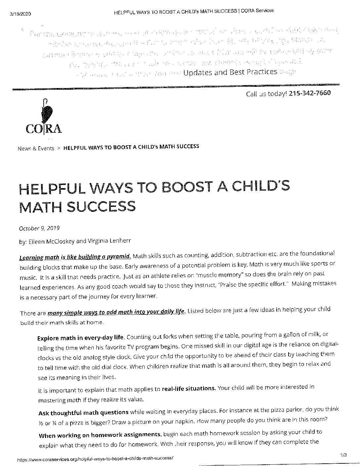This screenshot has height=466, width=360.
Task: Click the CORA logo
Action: pyautogui.click(x=44, y=117)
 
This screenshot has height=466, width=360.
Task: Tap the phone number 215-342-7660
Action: pyautogui.click(x=309, y=93)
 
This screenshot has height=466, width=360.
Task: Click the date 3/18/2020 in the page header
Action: pyautogui.click(x=20, y=14)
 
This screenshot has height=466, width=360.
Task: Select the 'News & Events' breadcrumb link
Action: pyautogui.click(x=36, y=148)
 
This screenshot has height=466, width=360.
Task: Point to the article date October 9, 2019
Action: pyautogui.click(x=39, y=228)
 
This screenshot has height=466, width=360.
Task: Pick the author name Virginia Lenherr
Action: pyautogui.click(x=106, y=241)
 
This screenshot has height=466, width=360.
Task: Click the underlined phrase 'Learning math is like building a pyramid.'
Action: pyautogui.click(x=75, y=257)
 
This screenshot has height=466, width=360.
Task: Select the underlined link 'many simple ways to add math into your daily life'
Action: pyautogui.click(x=116, y=312)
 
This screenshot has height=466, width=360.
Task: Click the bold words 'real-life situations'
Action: pyautogui.click(x=189, y=388)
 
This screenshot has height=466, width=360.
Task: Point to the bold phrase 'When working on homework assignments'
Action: pyautogui.click(x=100, y=435)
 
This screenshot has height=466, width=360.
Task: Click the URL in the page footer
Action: pyautogui.click(x=95, y=458)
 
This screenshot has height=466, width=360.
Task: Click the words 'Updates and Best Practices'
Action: pyautogui.click(x=230, y=72)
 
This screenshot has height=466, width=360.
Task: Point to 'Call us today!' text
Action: pyautogui.click(x=266, y=94)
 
